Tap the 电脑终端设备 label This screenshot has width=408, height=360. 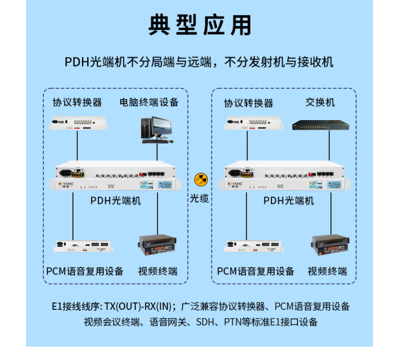click(149, 102)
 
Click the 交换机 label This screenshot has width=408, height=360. click(320, 102)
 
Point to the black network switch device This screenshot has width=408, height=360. click(321, 125)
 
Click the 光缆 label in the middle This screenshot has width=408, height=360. click(200, 198)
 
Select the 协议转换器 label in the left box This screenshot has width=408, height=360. click(77, 102)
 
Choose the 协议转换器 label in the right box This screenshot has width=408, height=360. click(248, 103)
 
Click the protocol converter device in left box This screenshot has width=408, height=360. click(77, 124)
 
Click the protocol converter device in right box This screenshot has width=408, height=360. click(248, 124)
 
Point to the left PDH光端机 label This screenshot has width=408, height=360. click(116, 201)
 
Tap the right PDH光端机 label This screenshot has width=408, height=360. click(289, 201)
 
